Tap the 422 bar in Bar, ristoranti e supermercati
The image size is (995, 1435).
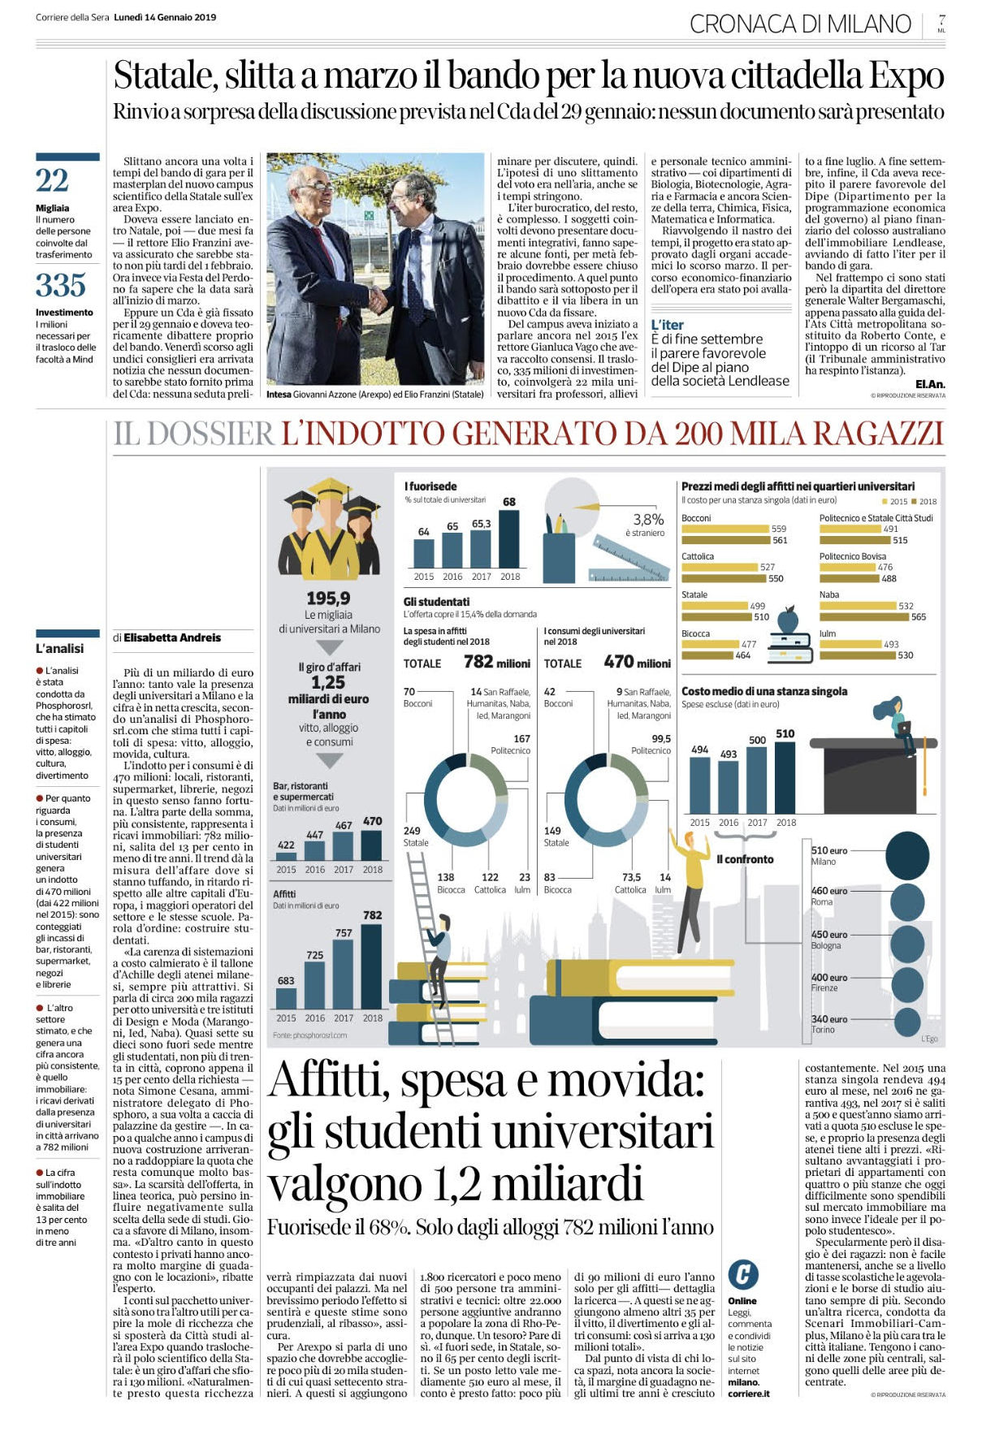point(286,856)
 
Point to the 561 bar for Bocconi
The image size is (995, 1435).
point(725,540)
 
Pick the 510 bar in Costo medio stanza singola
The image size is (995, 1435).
point(785,776)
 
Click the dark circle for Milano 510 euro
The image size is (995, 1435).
point(907,856)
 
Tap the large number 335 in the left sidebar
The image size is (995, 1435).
point(61,285)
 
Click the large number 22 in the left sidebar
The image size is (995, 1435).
point(52,180)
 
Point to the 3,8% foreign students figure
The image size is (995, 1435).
point(648,520)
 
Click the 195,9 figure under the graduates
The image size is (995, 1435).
point(328,599)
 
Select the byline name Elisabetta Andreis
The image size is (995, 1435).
point(172,638)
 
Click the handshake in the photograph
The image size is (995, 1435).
point(376,300)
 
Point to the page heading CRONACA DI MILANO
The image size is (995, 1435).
point(800,24)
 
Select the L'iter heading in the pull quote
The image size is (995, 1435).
point(668,325)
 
